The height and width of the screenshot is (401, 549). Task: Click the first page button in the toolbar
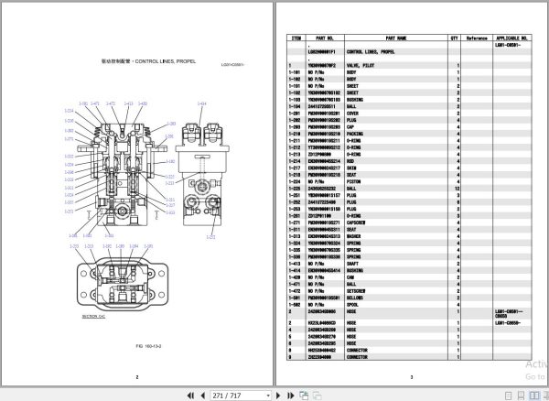tap(189, 395)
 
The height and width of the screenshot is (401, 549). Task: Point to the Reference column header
tap(478, 38)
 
